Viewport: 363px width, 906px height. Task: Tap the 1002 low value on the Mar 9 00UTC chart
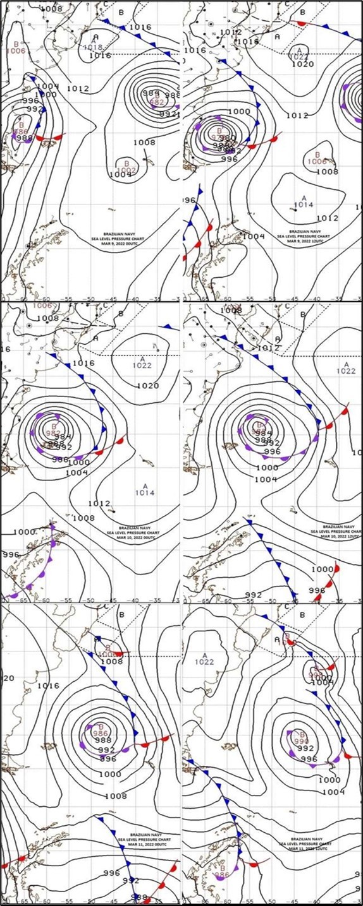(x=127, y=170)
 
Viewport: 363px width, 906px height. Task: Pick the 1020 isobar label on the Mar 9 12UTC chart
(x=303, y=64)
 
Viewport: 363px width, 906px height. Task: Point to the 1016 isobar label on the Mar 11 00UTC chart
(x=48, y=685)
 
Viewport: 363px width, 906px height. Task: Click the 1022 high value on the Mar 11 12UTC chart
(x=205, y=662)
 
